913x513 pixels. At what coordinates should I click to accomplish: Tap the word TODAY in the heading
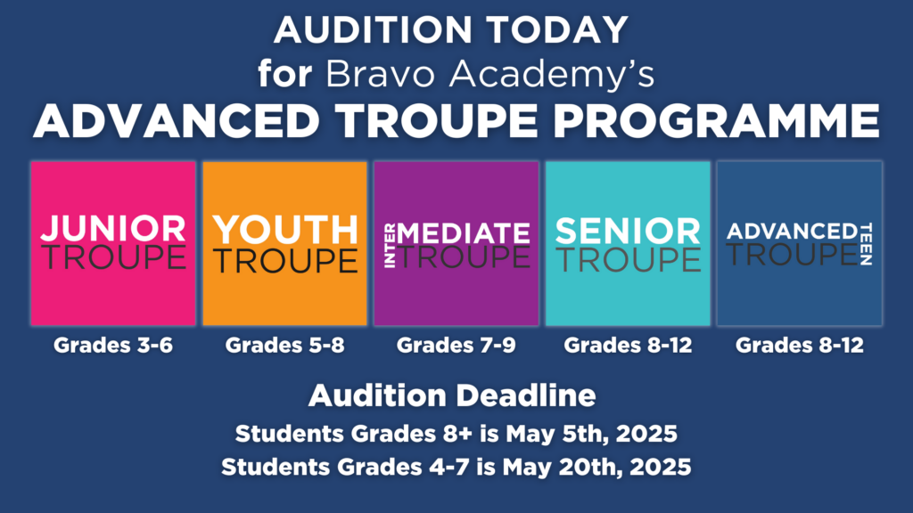(557, 29)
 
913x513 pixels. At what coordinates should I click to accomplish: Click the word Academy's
(551, 76)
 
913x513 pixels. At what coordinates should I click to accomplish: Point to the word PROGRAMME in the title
(716, 121)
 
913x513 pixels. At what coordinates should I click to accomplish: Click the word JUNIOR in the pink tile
(113, 229)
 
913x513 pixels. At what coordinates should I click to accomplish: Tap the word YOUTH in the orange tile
(284, 230)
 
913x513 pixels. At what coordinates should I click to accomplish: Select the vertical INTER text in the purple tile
(390, 246)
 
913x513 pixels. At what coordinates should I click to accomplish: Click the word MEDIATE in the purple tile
(464, 234)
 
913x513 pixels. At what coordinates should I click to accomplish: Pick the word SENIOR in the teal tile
(628, 231)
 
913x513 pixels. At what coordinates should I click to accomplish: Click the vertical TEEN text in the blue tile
(866, 244)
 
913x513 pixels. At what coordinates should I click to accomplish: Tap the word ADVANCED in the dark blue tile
(792, 232)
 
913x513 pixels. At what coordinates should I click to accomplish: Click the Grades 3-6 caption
(113, 345)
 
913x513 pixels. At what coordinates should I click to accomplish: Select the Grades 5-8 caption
(284, 345)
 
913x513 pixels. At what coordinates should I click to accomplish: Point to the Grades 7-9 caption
(456, 345)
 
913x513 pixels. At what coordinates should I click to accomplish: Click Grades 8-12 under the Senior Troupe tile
(628, 345)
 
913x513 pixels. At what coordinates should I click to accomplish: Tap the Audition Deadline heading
(452, 395)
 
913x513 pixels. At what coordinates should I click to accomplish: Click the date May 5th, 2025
(592, 434)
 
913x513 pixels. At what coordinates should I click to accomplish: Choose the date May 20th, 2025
(596, 467)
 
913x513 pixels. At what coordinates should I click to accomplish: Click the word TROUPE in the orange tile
(284, 260)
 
